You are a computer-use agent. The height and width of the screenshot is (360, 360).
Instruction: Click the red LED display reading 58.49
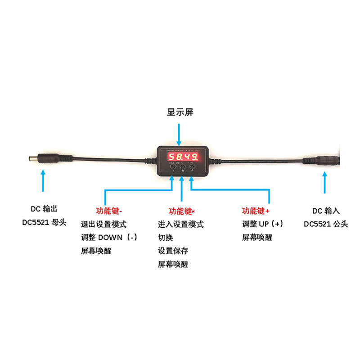183,157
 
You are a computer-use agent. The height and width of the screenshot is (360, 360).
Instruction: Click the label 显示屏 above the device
180,112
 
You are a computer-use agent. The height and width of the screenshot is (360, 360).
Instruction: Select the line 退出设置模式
103,224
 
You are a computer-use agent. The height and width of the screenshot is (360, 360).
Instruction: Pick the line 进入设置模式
180,224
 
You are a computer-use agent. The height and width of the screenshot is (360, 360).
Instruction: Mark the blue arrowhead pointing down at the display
180,143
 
